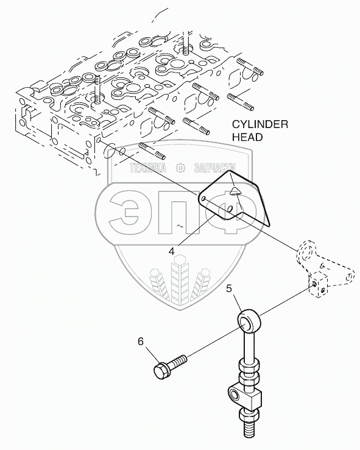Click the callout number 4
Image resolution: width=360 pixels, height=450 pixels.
171,251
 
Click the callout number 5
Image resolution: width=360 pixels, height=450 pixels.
228,288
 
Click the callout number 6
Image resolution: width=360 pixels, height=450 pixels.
141,341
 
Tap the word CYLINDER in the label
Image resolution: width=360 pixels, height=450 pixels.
260,124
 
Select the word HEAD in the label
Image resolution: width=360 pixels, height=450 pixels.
247,137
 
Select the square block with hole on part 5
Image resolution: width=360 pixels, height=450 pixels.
245,398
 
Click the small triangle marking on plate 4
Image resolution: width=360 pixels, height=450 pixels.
236,191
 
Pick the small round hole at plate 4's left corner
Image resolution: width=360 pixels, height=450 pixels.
203,199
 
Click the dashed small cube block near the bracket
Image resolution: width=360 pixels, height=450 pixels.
319,286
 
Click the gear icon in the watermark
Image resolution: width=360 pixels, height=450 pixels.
180,168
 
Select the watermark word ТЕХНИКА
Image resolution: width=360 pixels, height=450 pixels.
148,168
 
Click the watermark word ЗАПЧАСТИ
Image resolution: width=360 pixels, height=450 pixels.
215,168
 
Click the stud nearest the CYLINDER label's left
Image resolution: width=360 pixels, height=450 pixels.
196,127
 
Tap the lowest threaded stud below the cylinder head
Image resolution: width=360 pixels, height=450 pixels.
152,151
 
